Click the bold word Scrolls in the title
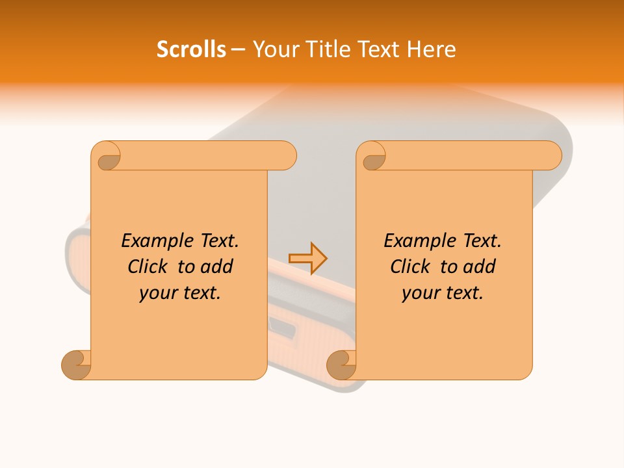tap(191, 49)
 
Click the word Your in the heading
tap(273, 49)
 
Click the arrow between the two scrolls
tap(307, 258)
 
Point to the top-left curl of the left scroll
tap(107, 157)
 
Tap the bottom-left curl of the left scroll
tap(77, 365)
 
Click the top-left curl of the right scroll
tap(373, 157)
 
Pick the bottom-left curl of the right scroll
tap(341, 365)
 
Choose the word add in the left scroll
tap(216, 266)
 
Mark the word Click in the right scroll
tap(410, 266)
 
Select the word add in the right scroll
tap(480, 266)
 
